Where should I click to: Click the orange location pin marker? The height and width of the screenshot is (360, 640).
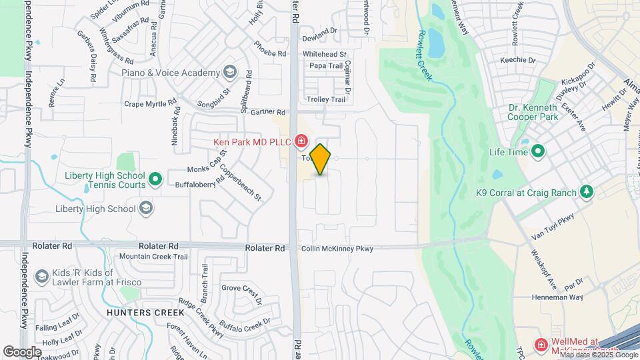pyautogui.click(x=321, y=159)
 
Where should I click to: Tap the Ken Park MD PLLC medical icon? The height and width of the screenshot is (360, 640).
pyautogui.click(x=301, y=141)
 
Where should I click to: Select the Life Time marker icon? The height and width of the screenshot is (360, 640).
pyautogui.click(x=537, y=152)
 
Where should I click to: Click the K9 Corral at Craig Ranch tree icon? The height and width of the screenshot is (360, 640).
pyautogui.click(x=587, y=193)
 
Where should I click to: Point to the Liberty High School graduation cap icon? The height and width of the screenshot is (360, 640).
pyautogui.click(x=146, y=209)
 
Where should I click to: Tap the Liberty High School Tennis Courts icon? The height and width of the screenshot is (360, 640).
pyautogui.click(x=155, y=179)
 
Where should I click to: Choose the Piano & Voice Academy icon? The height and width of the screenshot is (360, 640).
pyautogui.click(x=230, y=73)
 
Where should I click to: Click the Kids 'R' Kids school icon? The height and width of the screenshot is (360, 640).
pyautogui.click(x=41, y=276)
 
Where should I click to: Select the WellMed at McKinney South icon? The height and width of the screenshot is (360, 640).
pyautogui.click(x=541, y=345)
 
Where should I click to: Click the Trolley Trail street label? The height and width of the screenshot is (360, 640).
pyautogui.click(x=326, y=99)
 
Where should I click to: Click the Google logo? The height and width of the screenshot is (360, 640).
pyautogui.click(x=22, y=351)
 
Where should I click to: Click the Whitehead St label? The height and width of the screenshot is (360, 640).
pyautogui.click(x=325, y=54)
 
